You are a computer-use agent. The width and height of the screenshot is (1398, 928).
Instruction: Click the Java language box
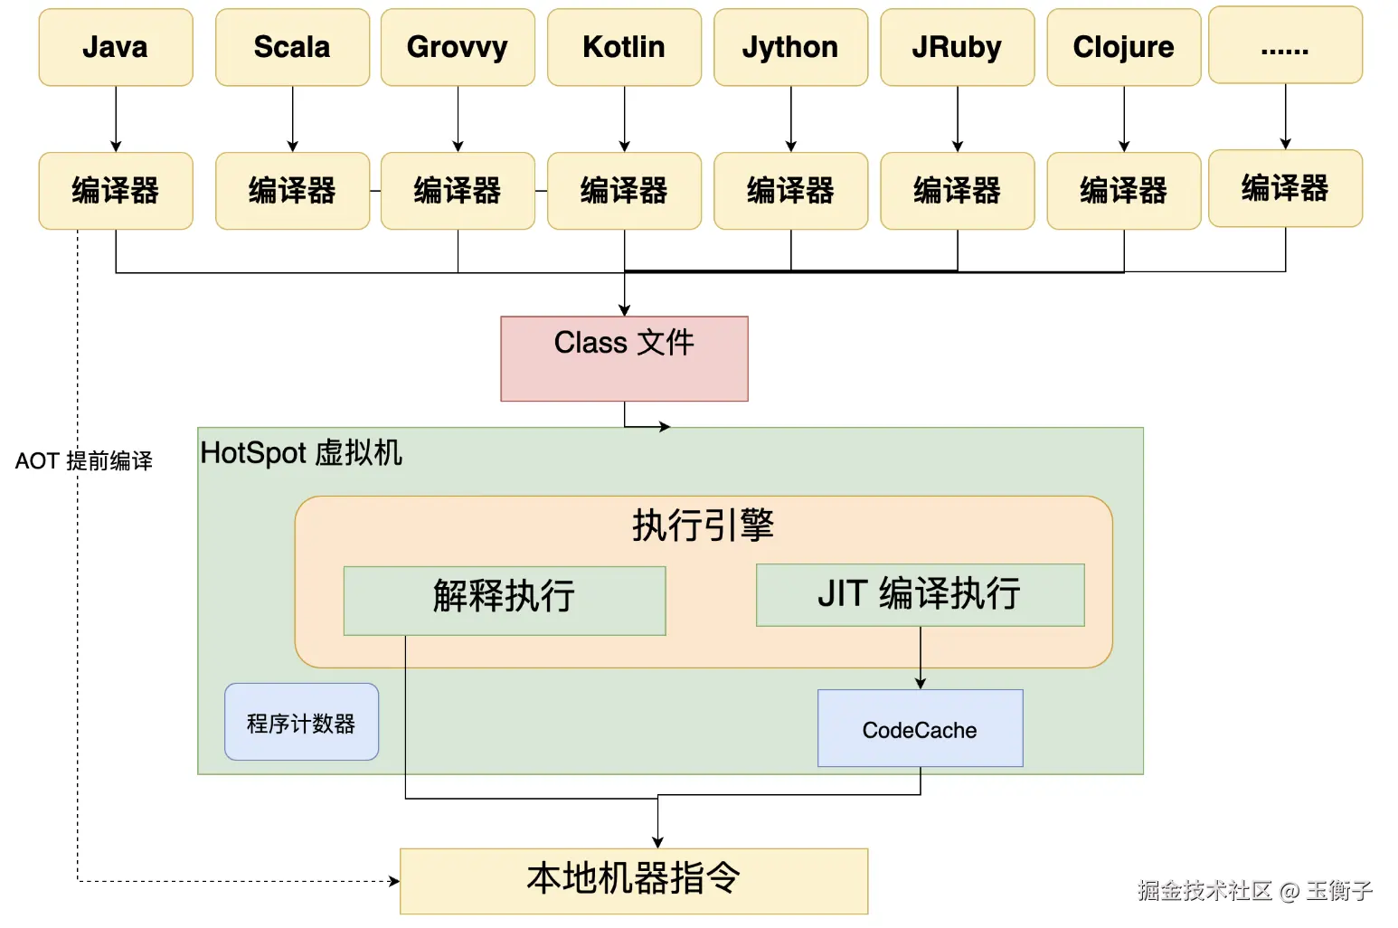click(x=116, y=48)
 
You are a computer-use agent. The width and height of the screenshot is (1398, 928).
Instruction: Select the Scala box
click(x=292, y=48)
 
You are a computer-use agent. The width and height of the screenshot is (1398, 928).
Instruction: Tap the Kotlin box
click(x=624, y=48)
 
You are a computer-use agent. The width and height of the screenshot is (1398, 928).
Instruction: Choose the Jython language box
click(x=790, y=48)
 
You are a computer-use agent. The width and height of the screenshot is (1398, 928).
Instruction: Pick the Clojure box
click(x=1123, y=48)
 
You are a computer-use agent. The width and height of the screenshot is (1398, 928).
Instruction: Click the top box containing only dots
click(x=1285, y=45)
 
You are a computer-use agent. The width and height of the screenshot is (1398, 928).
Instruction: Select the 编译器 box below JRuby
click(x=957, y=191)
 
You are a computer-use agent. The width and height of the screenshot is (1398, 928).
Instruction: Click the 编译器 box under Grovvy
click(x=458, y=191)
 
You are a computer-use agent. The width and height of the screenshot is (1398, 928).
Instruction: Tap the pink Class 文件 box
click(x=624, y=358)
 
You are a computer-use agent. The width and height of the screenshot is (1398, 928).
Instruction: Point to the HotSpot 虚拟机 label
click(x=300, y=452)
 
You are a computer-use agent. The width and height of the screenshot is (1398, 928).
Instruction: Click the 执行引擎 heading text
click(x=703, y=525)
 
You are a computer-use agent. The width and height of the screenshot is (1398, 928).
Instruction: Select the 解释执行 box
click(x=505, y=601)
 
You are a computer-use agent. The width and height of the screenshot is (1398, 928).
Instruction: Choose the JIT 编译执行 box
click(x=920, y=594)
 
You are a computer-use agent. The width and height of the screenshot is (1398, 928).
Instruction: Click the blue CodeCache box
click(x=920, y=728)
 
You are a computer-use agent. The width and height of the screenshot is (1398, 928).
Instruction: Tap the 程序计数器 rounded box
click(x=301, y=722)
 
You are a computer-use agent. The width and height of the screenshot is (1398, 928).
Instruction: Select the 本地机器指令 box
click(x=633, y=880)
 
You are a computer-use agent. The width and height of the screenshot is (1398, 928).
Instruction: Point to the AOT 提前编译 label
click(x=83, y=461)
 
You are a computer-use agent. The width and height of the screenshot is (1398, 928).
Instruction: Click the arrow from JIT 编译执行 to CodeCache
click(x=921, y=658)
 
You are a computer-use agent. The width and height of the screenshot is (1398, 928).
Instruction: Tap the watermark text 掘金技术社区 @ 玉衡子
click(x=1254, y=891)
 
